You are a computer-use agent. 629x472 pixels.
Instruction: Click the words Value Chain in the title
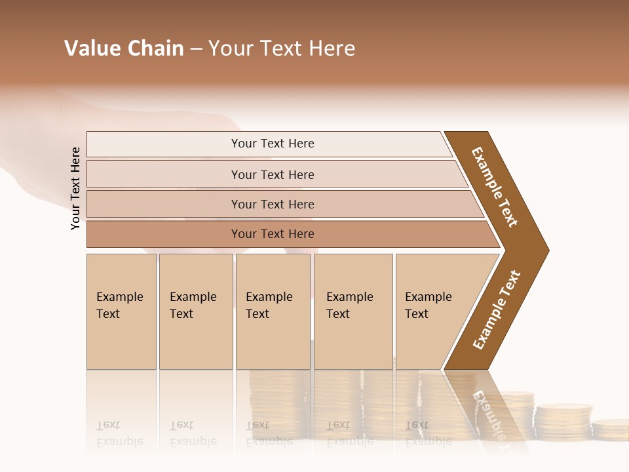point(124,49)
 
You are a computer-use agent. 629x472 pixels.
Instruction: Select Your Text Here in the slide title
point(282,49)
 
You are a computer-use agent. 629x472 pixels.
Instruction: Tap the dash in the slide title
point(196,49)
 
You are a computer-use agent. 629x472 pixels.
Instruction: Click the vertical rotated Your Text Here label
point(75,188)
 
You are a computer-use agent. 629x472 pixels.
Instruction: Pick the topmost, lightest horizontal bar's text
point(273,144)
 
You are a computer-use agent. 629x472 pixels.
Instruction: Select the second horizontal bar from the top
point(273,174)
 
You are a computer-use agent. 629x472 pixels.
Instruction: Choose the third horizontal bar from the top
point(273,204)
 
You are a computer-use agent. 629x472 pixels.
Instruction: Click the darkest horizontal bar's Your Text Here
point(273,234)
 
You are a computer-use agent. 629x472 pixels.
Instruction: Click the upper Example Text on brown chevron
point(495,187)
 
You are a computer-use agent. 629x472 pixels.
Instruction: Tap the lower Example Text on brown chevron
point(497,309)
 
